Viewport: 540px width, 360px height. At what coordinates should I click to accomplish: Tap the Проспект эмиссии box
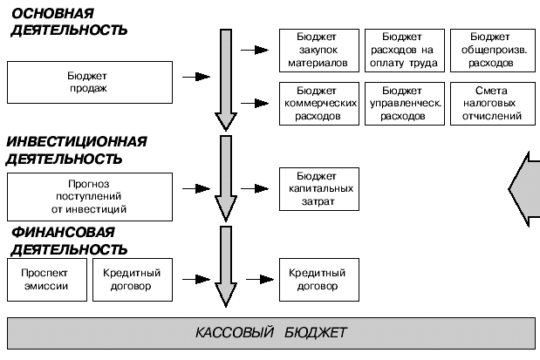44,279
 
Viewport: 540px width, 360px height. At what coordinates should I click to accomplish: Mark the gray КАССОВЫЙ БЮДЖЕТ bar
270,333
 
